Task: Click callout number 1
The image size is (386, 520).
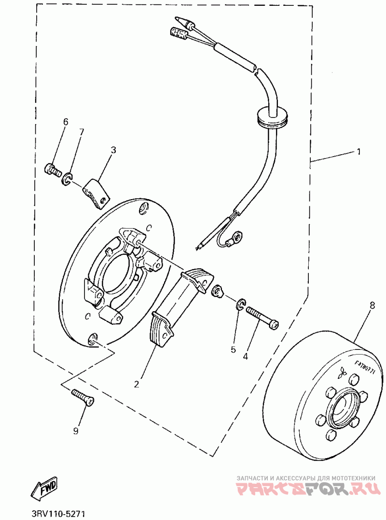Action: point(358,151)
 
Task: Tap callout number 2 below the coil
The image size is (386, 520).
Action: point(137,384)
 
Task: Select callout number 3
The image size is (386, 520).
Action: point(113,150)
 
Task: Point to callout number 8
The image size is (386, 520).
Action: point(372,305)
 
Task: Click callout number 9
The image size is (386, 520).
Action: point(76,431)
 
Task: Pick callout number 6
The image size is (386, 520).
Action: point(66,122)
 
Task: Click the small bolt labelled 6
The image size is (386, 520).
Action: point(52,170)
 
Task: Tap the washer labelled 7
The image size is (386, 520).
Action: point(67,180)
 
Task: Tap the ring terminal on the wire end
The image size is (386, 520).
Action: point(236,237)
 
